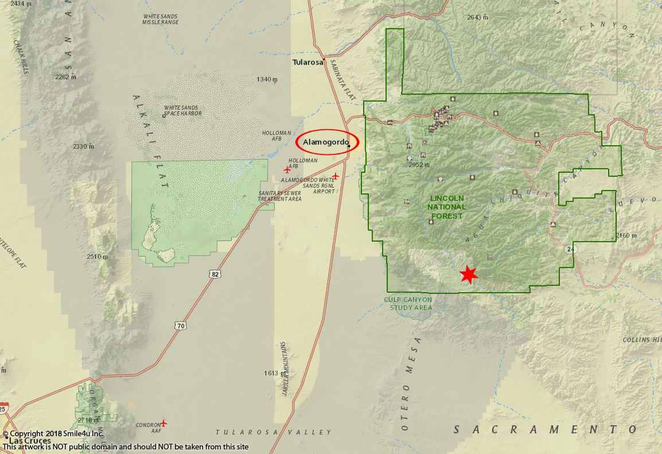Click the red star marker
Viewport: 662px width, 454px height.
[469, 274]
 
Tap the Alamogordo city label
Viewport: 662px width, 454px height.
[325, 142]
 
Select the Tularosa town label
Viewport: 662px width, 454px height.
[308, 62]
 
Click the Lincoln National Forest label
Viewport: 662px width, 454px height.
[448, 207]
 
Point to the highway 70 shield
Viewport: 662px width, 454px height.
[181, 326]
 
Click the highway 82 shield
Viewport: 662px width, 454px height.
[215, 274]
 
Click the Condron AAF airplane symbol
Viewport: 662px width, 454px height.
[163, 423]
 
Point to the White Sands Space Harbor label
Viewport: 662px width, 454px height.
[183, 110]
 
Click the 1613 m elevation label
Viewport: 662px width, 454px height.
[271, 373]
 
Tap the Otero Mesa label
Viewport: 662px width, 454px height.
[411, 383]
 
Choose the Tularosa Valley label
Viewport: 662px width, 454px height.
[274, 432]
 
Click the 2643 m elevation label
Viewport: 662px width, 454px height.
[477, 17]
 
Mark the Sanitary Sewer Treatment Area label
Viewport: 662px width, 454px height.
[280, 196]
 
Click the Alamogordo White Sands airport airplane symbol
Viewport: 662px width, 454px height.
[336, 176]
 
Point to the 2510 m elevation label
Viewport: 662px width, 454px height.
[97, 257]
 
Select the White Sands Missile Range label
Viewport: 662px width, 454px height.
[161, 19]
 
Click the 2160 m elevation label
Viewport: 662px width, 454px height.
[626, 235]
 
